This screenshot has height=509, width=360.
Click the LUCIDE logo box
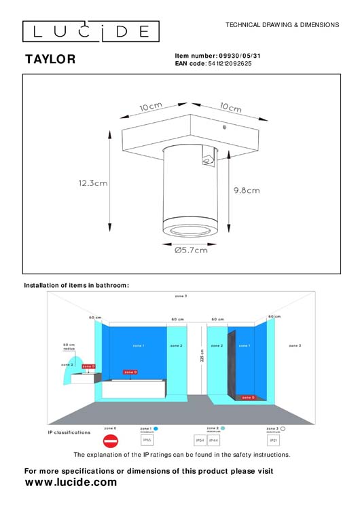click(90, 31)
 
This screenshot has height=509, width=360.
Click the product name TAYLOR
click(50, 60)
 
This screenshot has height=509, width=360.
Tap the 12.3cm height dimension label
click(93, 183)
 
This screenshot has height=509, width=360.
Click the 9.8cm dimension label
click(247, 191)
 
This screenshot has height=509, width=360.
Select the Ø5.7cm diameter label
click(191, 250)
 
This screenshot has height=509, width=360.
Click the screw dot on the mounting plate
click(223, 126)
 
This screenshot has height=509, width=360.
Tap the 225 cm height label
click(202, 357)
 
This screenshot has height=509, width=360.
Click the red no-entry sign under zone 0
click(110, 440)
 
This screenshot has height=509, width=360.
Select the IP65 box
click(147, 440)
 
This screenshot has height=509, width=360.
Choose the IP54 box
click(200, 440)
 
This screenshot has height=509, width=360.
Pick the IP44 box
click(213, 440)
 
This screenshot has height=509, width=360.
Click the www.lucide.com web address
click(71, 483)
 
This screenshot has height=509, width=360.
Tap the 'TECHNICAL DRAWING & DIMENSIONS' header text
click(282, 24)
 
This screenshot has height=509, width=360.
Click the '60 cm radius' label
click(69, 347)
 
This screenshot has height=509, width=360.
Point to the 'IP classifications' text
click(69, 432)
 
